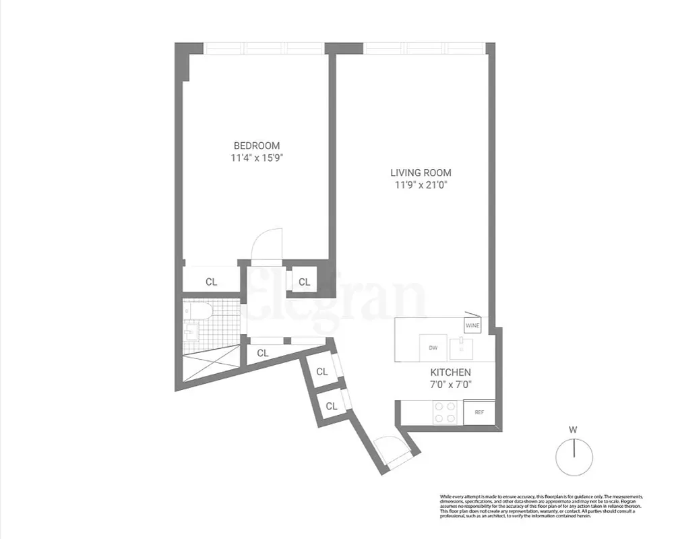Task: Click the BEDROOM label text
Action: (x=256, y=146)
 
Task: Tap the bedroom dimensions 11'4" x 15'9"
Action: (x=256, y=159)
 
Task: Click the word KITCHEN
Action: (x=450, y=372)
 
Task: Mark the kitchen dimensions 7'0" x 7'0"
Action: (x=450, y=385)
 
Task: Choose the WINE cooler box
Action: (x=472, y=325)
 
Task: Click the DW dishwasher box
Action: (x=433, y=348)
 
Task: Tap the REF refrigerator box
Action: (x=479, y=412)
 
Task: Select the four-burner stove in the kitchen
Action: (x=445, y=412)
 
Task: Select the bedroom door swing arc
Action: (x=264, y=245)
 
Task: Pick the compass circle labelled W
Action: (x=574, y=456)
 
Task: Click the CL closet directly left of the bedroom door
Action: (x=212, y=282)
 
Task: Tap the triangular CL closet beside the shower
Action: (x=262, y=352)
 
